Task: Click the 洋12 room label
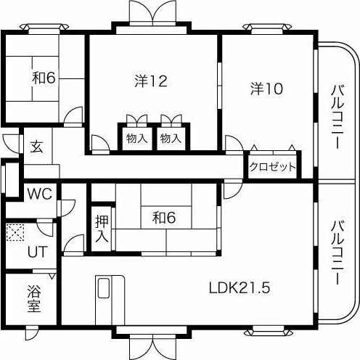click(x=151, y=81)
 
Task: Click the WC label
click(x=38, y=194)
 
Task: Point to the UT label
click(x=36, y=253)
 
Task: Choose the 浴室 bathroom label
click(x=33, y=298)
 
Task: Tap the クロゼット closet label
click(x=272, y=167)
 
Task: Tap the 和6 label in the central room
click(x=164, y=216)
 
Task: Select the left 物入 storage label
click(x=136, y=138)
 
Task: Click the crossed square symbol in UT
click(x=15, y=233)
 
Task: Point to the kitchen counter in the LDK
click(x=105, y=298)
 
